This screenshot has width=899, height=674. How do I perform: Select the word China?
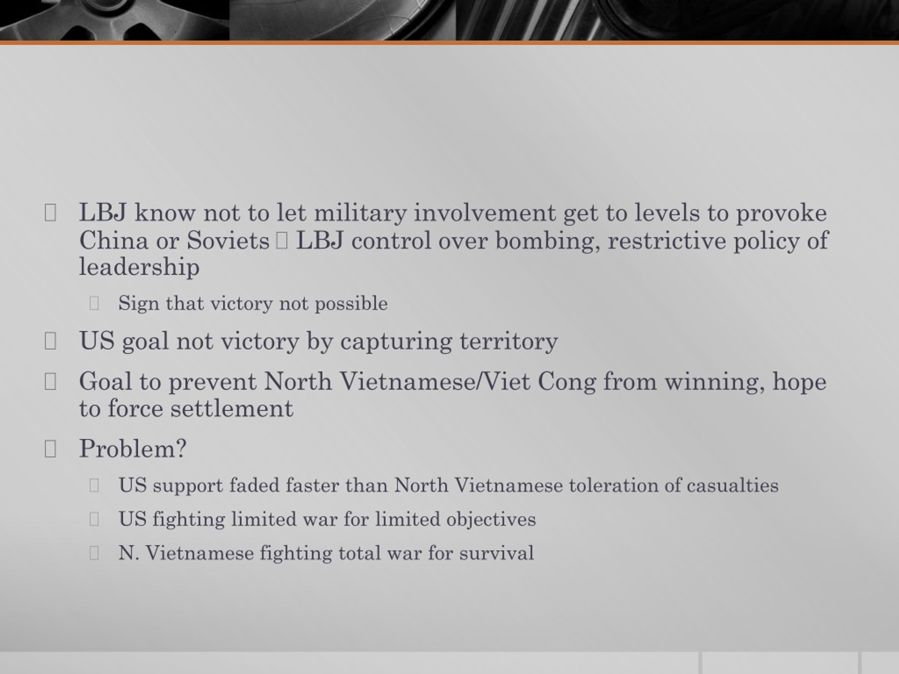pos(113,240)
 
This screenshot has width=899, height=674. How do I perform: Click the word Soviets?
pos(228,240)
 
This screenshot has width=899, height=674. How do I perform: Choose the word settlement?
pos(232,409)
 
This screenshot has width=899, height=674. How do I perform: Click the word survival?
pos(497,553)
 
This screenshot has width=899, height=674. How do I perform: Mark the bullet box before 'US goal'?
pos(50,341)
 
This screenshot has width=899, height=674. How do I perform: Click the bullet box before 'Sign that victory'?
pos(94,303)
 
